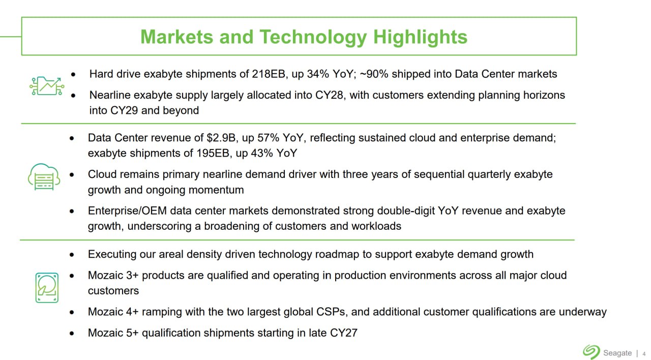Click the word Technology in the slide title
313,37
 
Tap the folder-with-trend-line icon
46,86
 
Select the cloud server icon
44,177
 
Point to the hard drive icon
47,288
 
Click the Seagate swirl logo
591,352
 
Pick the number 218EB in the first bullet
268,74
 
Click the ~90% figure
374,74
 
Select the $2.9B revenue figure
221,138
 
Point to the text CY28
329,95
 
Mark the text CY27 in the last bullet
343,333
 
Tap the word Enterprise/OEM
127,211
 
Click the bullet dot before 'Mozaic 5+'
72,333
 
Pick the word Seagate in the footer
617,353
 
